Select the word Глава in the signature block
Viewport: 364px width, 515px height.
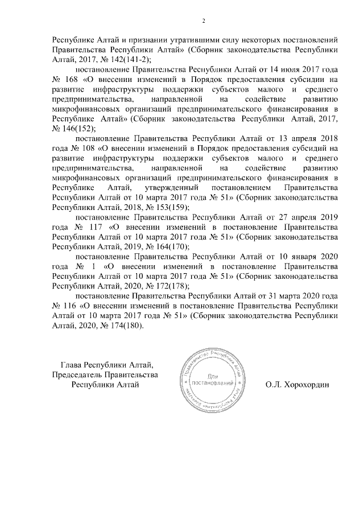[71, 364]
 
